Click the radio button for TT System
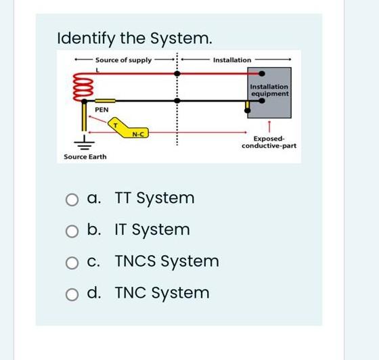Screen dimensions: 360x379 pyautogui.click(x=72, y=200)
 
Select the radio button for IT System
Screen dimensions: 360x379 pyautogui.click(x=72, y=231)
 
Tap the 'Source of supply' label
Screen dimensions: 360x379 pyautogui.click(x=123, y=60)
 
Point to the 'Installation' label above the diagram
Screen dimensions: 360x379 pyautogui.click(x=231, y=60)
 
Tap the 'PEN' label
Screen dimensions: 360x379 pyautogui.click(x=102, y=109)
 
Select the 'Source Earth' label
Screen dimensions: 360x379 pyautogui.click(x=85, y=157)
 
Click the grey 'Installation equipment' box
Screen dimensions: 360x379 pyautogui.click(x=269, y=90)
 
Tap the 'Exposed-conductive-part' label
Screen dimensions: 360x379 pyautogui.click(x=269, y=142)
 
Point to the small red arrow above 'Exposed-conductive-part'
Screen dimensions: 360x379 pyautogui.click(x=269, y=125)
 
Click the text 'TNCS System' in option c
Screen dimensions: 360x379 pyautogui.click(x=166, y=261)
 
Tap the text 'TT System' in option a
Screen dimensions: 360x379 pyautogui.click(x=154, y=198)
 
